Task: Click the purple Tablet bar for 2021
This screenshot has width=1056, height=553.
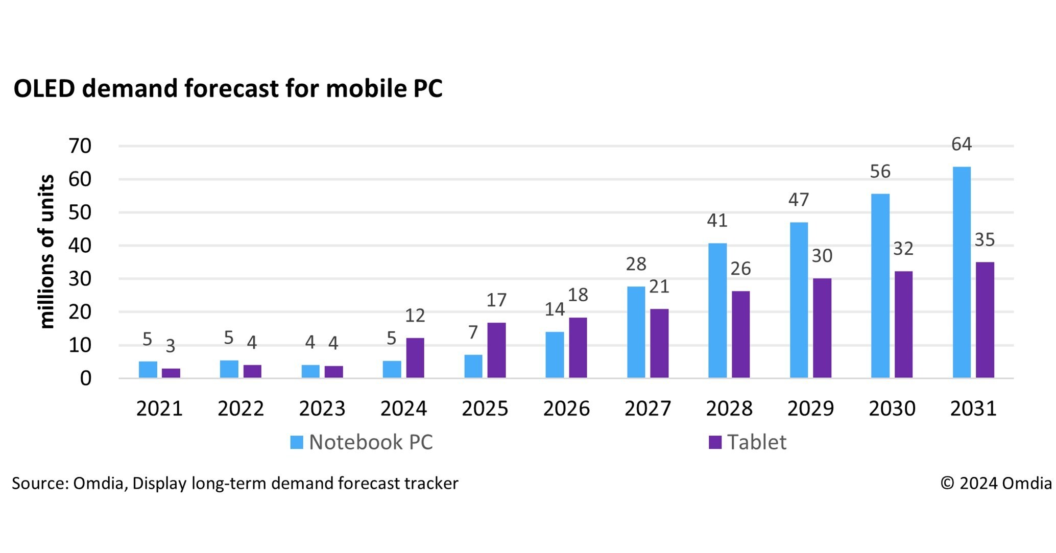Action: click(x=171, y=373)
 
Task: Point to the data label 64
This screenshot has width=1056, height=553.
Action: click(x=961, y=145)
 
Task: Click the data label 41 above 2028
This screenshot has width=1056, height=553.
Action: click(x=717, y=221)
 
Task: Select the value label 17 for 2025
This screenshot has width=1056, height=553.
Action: click(x=496, y=300)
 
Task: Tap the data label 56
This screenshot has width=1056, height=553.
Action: click(x=880, y=172)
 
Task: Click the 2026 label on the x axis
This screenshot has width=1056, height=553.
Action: click(x=566, y=408)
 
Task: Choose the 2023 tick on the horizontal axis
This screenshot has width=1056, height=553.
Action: click(x=322, y=408)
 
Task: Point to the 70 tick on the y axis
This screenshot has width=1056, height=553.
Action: click(x=80, y=147)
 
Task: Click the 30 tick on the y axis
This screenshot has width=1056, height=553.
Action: click(x=80, y=279)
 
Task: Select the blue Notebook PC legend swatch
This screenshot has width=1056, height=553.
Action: click(x=296, y=442)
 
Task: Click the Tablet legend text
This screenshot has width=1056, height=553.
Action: click(x=756, y=442)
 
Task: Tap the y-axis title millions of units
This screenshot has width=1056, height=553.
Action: click(x=47, y=251)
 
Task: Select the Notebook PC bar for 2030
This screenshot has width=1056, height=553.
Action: click(x=880, y=286)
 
